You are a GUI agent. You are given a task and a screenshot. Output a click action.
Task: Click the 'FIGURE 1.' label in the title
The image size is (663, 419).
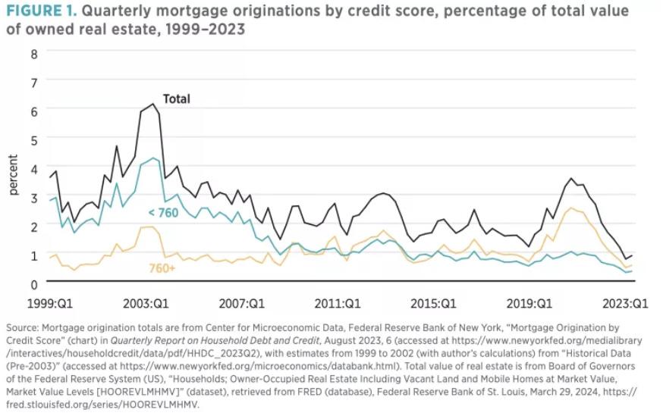pos(37,11)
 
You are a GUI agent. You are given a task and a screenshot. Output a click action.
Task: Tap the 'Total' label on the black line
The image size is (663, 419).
pos(176,98)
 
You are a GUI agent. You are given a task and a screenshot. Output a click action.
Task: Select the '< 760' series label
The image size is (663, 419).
pos(163,212)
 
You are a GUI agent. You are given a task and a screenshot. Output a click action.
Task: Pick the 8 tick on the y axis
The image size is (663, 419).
pos(33,54)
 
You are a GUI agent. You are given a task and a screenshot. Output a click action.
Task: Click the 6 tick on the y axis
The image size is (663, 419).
pos(33,111)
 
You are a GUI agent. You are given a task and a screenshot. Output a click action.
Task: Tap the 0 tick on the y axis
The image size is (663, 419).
pos(33,283)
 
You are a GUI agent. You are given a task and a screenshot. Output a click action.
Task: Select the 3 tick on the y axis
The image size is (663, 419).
pos(33,198)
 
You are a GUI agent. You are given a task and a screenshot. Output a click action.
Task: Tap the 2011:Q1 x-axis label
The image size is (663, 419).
pos(339,303)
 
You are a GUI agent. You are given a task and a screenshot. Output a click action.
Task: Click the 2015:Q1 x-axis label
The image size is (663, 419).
pos(434,303)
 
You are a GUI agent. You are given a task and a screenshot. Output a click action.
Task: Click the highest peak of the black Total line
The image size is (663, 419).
pos(153,104)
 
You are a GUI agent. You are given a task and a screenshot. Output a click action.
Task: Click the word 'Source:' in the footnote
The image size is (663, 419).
pos(24,327)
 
